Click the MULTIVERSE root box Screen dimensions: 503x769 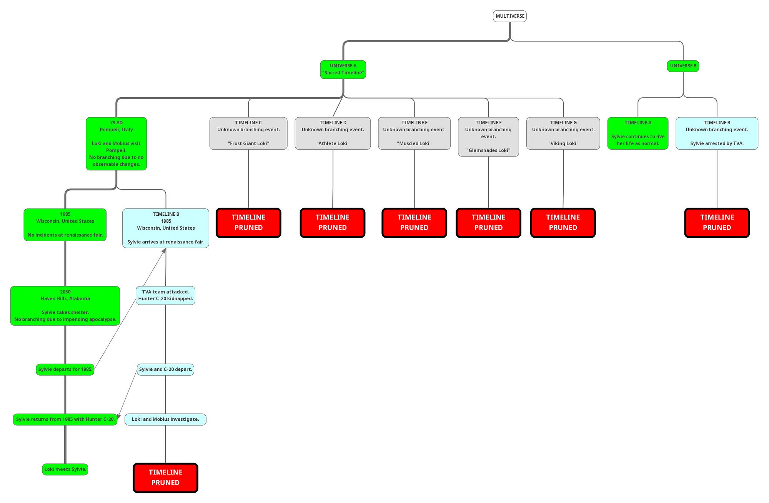pyautogui.click(x=509, y=16)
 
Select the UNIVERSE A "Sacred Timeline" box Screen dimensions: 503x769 pyautogui.click(x=343, y=70)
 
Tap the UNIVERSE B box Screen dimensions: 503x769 pyautogui.click(x=683, y=66)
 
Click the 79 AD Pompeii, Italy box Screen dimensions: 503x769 pyautogui.click(x=116, y=143)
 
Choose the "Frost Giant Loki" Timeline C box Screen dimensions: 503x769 pyautogui.click(x=248, y=133)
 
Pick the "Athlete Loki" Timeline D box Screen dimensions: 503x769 pyautogui.click(x=333, y=133)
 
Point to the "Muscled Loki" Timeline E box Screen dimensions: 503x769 pyautogui.click(x=414, y=133)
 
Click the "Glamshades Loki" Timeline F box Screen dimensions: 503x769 pyautogui.click(x=488, y=137)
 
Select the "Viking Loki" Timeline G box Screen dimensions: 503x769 pyautogui.click(x=563, y=133)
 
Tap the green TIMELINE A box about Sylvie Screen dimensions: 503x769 pyautogui.click(x=638, y=133)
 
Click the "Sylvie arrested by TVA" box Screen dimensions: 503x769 pyautogui.click(x=717, y=133)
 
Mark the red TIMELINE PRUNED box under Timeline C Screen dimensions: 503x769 pyautogui.click(x=248, y=223)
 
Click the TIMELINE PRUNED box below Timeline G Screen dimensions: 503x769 pyautogui.click(x=563, y=223)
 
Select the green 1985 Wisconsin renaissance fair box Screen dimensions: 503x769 pyautogui.click(x=65, y=225)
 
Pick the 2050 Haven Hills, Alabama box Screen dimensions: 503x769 pyautogui.click(x=65, y=306)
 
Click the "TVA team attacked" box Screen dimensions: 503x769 pyautogui.click(x=165, y=295)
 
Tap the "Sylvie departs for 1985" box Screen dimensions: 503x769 pyautogui.click(x=65, y=370)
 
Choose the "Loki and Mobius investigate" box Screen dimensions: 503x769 pyautogui.click(x=165, y=420)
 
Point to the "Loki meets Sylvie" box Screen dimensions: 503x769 pyautogui.click(x=65, y=469)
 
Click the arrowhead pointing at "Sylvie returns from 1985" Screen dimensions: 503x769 pyautogui.click(x=119, y=417)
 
